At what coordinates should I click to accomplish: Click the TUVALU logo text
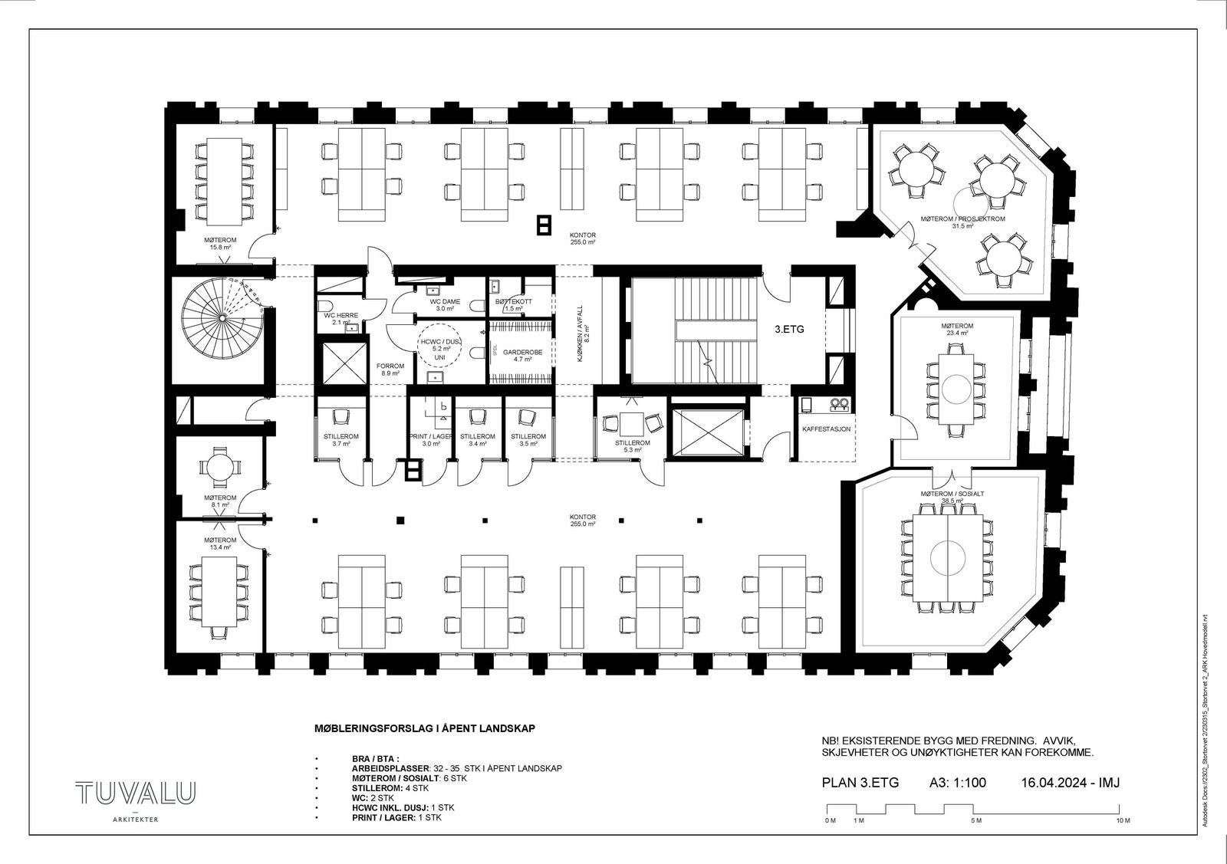[x=135, y=793]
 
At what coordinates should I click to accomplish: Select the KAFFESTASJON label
[x=825, y=429]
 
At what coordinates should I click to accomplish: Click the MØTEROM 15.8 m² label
[x=220, y=244]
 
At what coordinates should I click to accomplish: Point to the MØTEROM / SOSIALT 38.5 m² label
[x=952, y=497]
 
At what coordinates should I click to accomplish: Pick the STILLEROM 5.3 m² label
[x=633, y=446]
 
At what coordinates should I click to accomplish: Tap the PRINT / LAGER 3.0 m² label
[x=430, y=439]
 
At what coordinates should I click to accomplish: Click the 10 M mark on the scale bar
[x=1123, y=820]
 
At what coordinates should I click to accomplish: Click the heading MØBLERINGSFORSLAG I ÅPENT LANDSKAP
[x=424, y=728]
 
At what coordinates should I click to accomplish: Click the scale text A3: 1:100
[x=957, y=783]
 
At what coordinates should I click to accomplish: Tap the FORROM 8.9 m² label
[x=390, y=370]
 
